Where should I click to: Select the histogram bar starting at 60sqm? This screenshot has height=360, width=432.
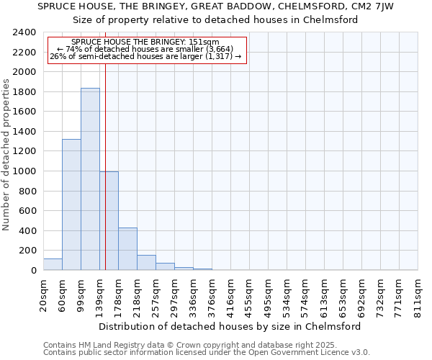click(71, 204)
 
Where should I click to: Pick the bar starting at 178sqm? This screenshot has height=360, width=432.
click(127, 249)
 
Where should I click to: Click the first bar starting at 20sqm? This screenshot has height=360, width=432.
click(53, 264)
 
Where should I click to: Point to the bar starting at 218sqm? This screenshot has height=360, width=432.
click(146, 263)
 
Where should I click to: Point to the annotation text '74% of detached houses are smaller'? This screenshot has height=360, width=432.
click(147, 49)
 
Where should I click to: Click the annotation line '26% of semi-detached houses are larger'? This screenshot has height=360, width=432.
click(147, 56)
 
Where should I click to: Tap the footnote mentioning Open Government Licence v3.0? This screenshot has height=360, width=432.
click(207, 353)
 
